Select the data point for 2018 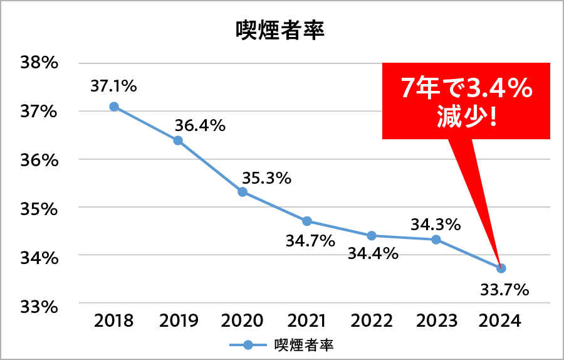(x=114, y=107)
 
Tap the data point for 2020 (x=243, y=192)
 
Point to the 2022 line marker (x=372, y=236)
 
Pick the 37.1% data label (x=113, y=86)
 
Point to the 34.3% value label (x=436, y=223)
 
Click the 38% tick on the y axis (x=39, y=63)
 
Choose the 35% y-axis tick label (x=39, y=208)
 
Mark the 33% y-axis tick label (x=39, y=307)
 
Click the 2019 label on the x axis (x=179, y=320)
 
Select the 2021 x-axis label (x=307, y=320)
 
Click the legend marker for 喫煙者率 (x=248, y=345)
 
